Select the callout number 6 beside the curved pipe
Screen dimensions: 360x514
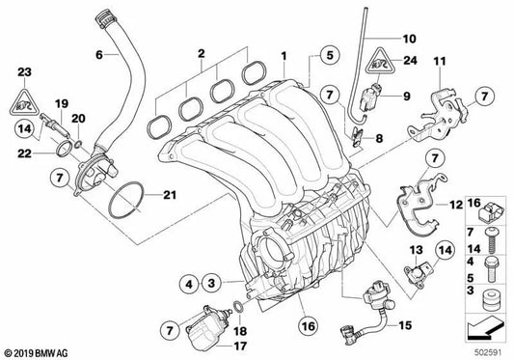[x=98, y=54]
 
